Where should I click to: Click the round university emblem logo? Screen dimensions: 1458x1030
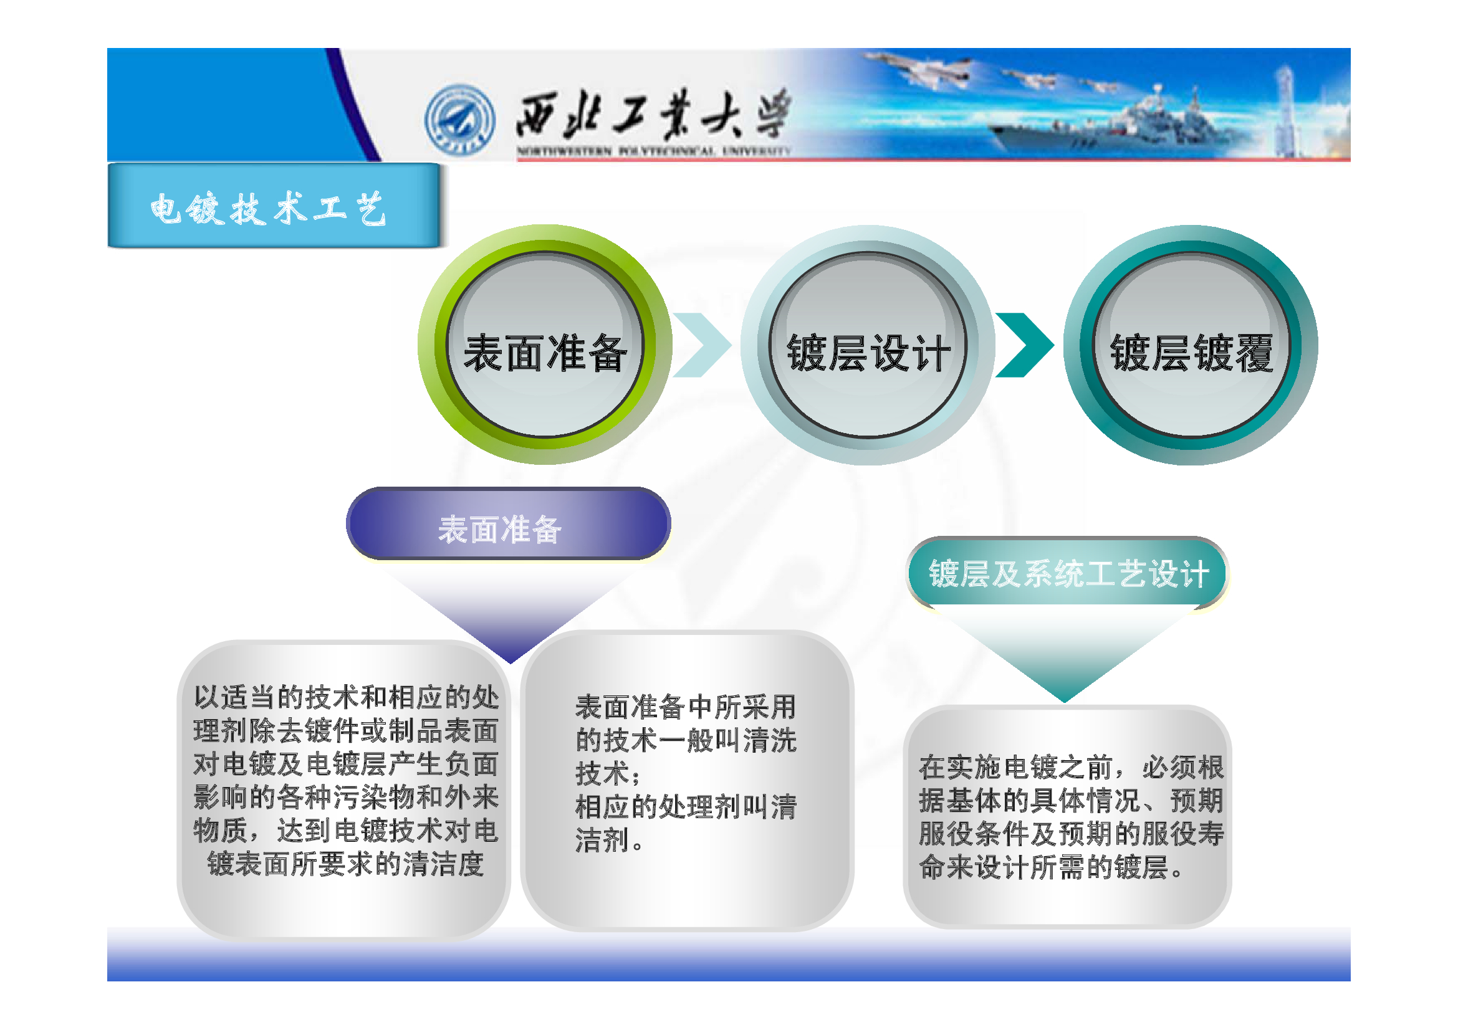460,119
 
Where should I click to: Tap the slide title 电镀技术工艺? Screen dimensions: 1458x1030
268,208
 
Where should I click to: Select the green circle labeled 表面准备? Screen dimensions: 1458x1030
545,345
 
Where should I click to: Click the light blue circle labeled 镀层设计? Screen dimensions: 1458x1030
868,345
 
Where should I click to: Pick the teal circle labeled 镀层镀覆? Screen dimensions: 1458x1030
1191,345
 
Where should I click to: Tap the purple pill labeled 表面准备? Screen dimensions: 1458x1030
508,523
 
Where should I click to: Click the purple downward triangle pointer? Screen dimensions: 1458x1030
510,613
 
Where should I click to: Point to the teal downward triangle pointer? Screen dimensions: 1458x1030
1065,654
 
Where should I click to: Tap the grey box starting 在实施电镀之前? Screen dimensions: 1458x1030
1067,817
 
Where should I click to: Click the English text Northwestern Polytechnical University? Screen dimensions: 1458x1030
654,151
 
